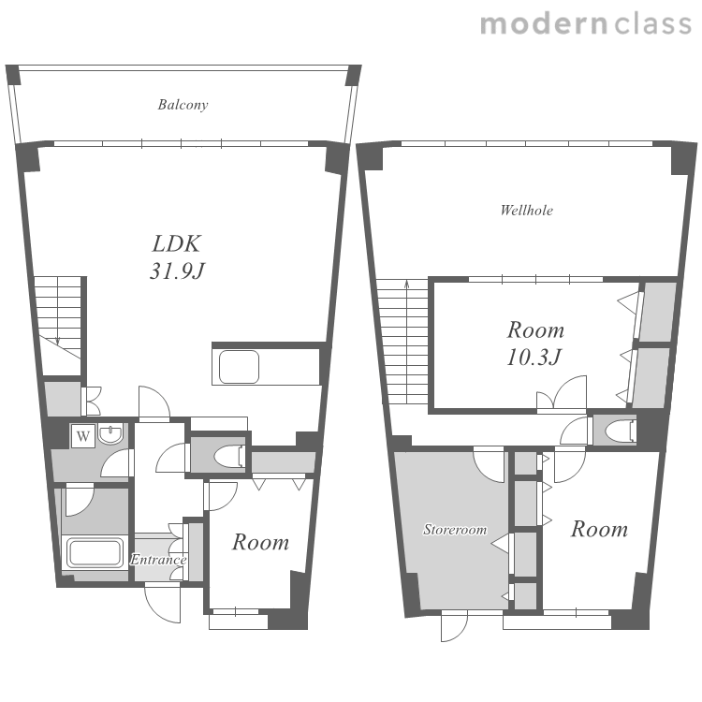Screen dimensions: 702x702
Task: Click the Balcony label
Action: coord(183,105)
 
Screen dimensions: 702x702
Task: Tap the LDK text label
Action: coord(176,244)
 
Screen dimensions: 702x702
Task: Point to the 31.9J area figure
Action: coord(177,271)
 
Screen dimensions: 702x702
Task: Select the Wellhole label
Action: coord(526,210)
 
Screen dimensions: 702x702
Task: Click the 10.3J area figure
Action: coord(534,358)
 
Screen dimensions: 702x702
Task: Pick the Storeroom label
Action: coord(455,530)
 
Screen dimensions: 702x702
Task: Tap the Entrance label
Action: coord(158,560)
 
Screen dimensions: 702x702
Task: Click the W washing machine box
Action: coord(83,435)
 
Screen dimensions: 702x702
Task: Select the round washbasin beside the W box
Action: coord(110,434)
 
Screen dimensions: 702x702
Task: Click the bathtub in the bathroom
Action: coord(95,552)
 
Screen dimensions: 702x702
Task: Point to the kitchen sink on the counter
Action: coord(239,367)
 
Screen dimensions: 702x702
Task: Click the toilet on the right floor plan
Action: coord(620,431)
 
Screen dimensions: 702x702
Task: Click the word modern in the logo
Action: coord(544,23)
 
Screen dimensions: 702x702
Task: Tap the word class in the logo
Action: coord(653,23)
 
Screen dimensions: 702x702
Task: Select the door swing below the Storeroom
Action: coord(454,627)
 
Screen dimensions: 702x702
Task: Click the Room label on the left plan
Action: coord(260,542)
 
